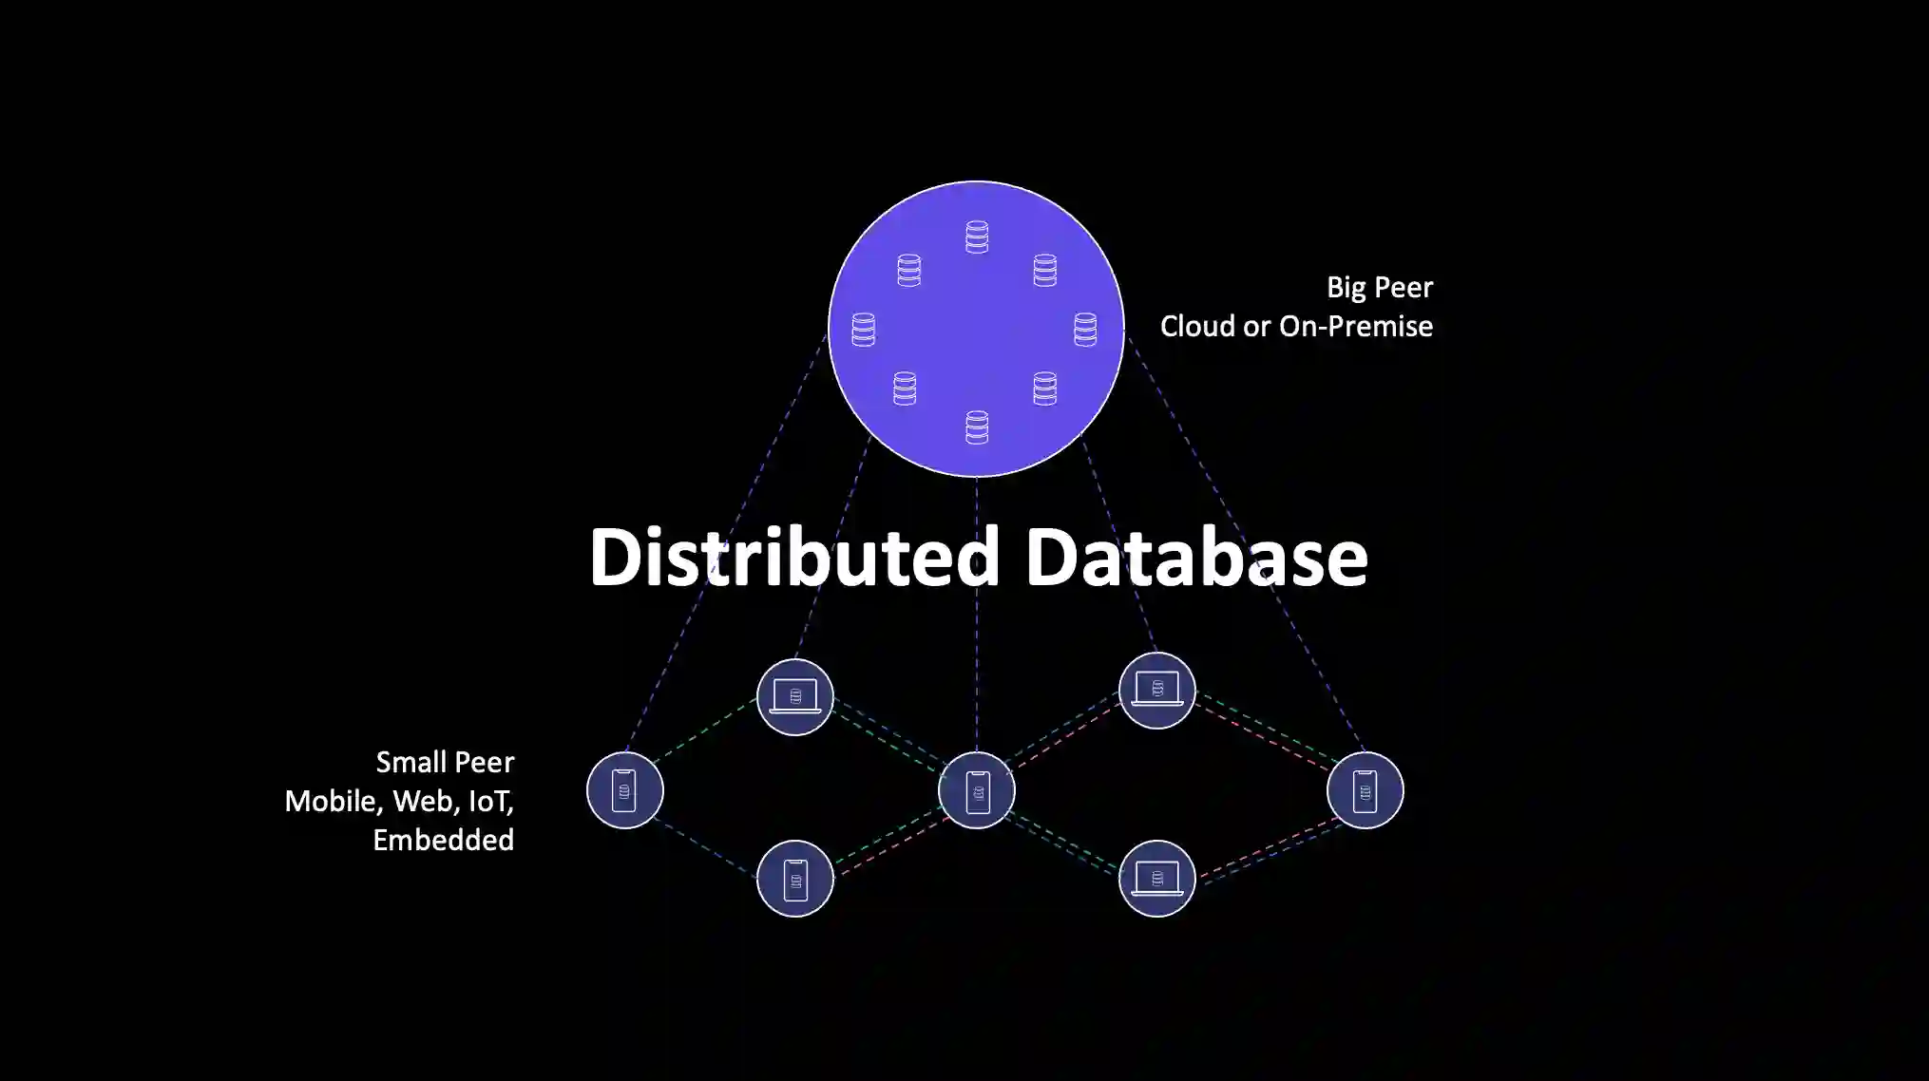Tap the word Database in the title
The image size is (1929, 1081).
pyautogui.click(x=1195, y=558)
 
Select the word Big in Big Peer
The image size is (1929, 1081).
pyautogui.click(x=1346, y=288)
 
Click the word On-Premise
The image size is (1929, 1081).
pyautogui.click(x=1356, y=326)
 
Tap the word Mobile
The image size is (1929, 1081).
pyautogui.click(x=334, y=801)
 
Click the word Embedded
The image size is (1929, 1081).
pyautogui.click(x=443, y=840)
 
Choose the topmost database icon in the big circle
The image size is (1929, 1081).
pyautogui.click(x=977, y=237)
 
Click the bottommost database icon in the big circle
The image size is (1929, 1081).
pyautogui.click(x=977, y=427)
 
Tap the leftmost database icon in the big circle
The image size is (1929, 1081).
pyautogui.click(x=863, y=330)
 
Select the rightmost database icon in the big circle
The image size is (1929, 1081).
pyautogui.click(x=1085, y=330)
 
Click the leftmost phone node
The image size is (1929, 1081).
pyautogui.click(x=624, y=790)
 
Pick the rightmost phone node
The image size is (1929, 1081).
pyautogui.click(x=1365, y=790)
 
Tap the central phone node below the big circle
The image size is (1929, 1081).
pyautogui.click(x=977, y=790)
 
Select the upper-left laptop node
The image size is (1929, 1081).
pyautogui.click(x=795, y=696)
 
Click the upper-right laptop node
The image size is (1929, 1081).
pyautogui.click(x=1156, y=691)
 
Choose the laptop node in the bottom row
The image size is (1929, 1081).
pyautogui.click(x=1156, y=879)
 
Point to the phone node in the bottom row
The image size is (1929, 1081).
pyautogui.click(x=795, y=879)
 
